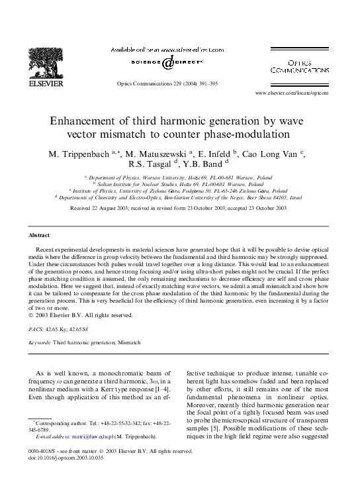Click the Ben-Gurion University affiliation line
tap(180, 197)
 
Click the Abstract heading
tap(39, 235)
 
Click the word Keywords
tap(40, 343)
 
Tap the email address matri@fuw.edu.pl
tap(76, 437)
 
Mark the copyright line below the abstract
tap(81, 315)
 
